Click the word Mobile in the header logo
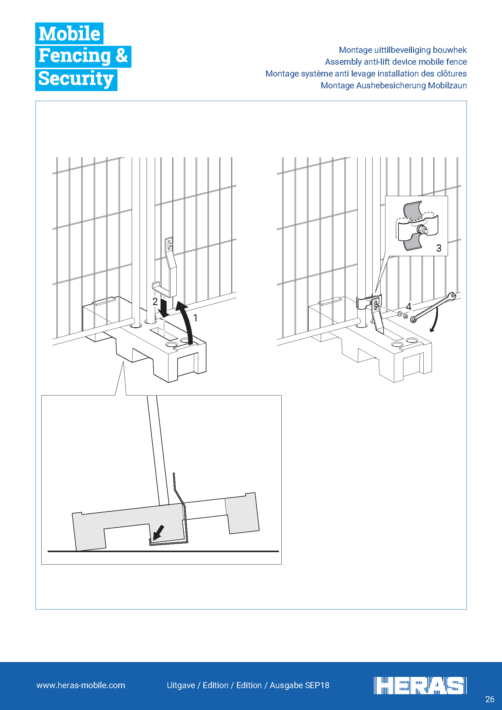pyautogui.click(x=69, y=33)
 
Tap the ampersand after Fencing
pyautogui.click(x=121, y=56)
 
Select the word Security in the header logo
pyautogui.click(x=76, y=79)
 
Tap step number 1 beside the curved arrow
pyautogui.click(x=195, y=318)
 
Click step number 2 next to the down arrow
pyautogui.click(x=155, y=301)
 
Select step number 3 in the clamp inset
pyautogui.click(x=439, y=248)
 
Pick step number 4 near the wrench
pyautogui.click(x=409, y=307)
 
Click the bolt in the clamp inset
pyautogui.click(x=422, y=230)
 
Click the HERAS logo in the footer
pyautogui.click(x=420, y=686)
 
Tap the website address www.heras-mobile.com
pyautogui.click(x=81, y=685)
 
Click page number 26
pyautogui.click(x=490, y=699)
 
